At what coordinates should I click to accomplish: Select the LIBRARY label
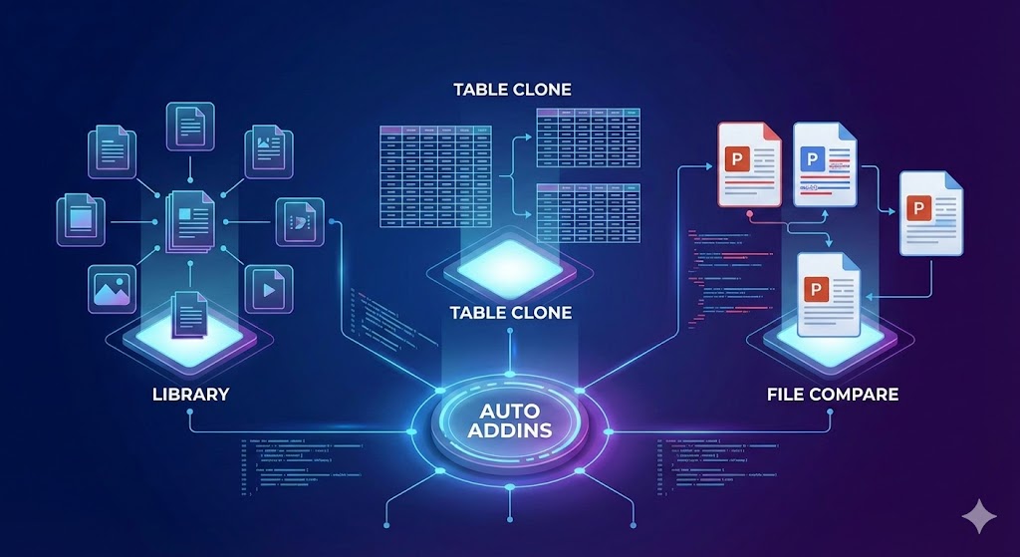(x=190, y=395)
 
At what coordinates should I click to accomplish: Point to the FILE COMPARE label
(x=833, y=395)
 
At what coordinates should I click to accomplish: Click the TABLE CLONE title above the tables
(x=512, y=90)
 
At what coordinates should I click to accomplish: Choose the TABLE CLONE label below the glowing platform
(x=510, y=313)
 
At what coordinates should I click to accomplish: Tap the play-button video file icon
(x=268, y=290)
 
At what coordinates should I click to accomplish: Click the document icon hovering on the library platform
(x=189, y=314)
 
